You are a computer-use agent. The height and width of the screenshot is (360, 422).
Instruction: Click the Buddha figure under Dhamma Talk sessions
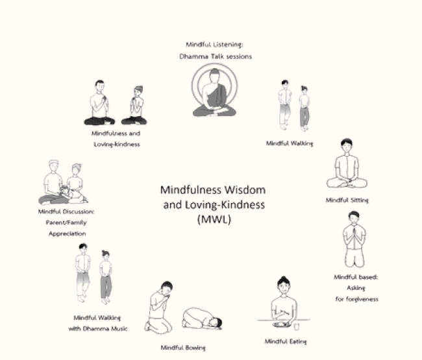214,93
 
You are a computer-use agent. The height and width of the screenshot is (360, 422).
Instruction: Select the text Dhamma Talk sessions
215,56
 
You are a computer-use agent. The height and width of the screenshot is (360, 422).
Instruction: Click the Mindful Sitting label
347,200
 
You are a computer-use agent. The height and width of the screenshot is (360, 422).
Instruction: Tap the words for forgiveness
356,299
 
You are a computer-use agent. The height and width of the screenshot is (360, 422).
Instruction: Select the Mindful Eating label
286,341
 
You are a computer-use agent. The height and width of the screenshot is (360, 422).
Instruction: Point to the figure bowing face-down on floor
203,318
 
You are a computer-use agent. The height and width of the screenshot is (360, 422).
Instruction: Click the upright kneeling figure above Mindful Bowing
160,306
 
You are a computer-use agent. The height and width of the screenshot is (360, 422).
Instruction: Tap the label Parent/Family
62,222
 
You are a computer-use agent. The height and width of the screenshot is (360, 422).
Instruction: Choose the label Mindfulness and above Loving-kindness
116,133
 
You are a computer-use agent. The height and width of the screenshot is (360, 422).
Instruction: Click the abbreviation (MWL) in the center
213,219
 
